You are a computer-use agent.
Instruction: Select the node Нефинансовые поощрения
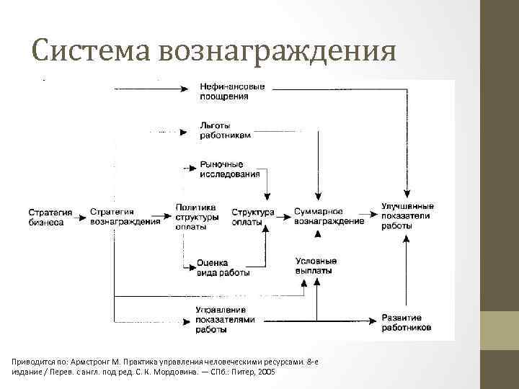232,91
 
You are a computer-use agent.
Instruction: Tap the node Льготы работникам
226,130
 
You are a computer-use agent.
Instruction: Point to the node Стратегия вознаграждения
125,217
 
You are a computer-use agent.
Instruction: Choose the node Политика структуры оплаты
197,217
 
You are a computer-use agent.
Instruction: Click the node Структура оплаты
252,217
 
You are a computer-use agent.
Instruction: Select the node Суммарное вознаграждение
329,217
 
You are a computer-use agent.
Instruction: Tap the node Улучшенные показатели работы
407,215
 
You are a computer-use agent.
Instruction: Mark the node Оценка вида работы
223,268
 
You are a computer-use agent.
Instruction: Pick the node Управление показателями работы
225,319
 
